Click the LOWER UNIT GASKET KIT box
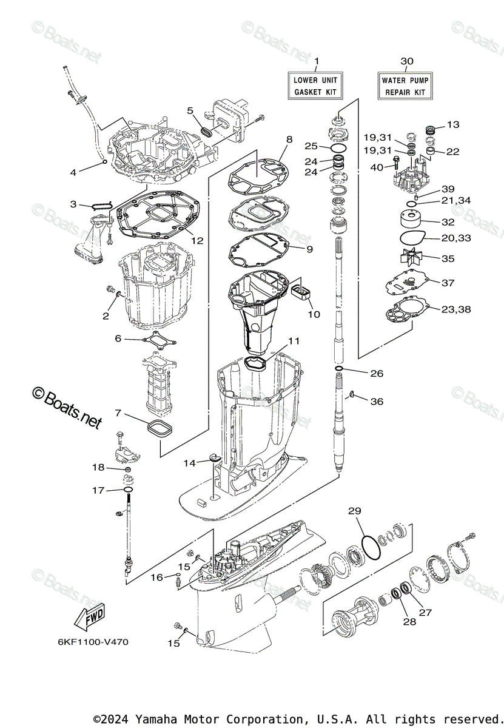pyautogui.click(x=315, y=86)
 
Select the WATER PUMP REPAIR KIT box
pyautogui.click(x=405, y=86)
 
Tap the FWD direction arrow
pyautogui.click(x=88, y=619)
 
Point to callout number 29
pyautogui.click(x=355, y=511)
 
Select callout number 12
pyautogui.click(x=197, y=240)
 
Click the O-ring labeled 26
pyautogui.click(x=340, y=369)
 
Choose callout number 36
pyautogui.click(x=377, y=402)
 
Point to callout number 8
pyautogui.click(x=289, y=139)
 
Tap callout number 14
pyautogui.click(x=190, y=463)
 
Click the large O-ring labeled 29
pyautogui.click(x=371, y=547)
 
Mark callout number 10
pyautogui.click(x=314, y=315)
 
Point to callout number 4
pyautogui.click(x=73, y=172)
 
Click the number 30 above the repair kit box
pyautogui.click(x=407, y=61)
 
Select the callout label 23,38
pyautogui.click(x=455, y=309)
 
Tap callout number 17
pyautogui.click(x=98, y=490)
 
